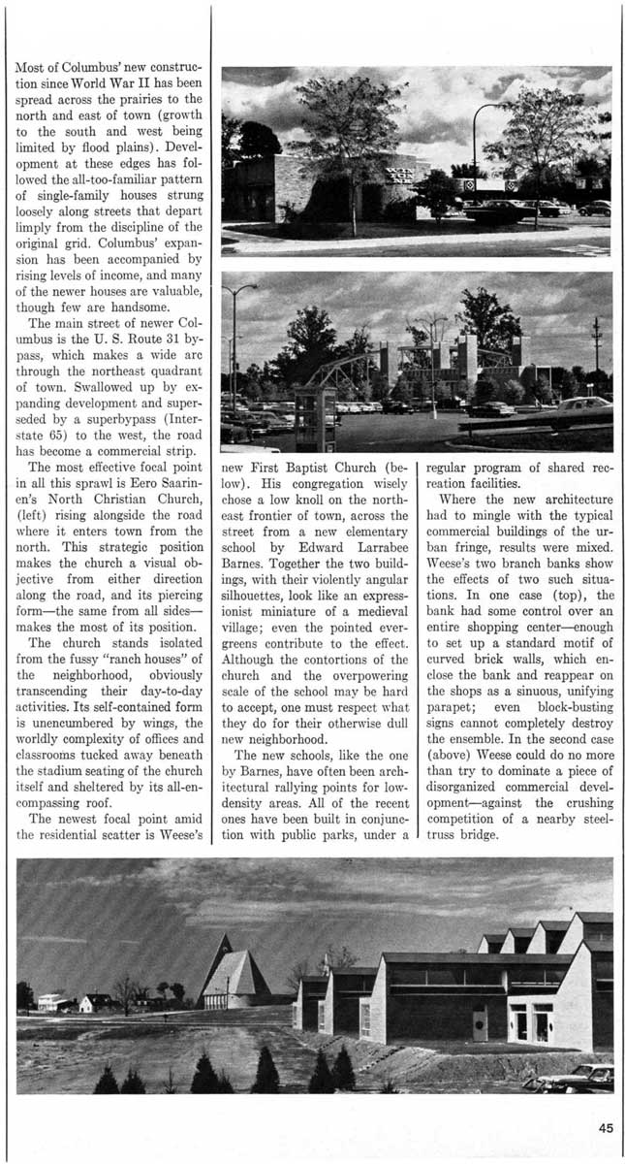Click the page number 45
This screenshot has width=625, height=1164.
click(606, 1127)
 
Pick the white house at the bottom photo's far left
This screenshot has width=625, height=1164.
click(52, 1001)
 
